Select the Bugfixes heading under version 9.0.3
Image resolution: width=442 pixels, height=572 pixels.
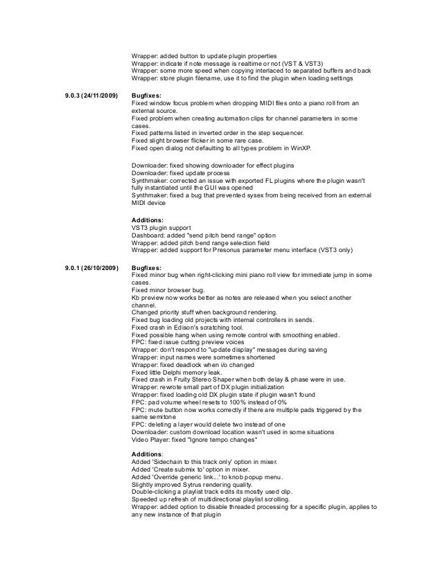tap(148, 94)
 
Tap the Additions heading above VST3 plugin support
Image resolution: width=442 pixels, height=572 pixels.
tap(148, 220)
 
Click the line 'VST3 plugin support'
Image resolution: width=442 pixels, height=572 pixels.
tap(164, 228)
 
